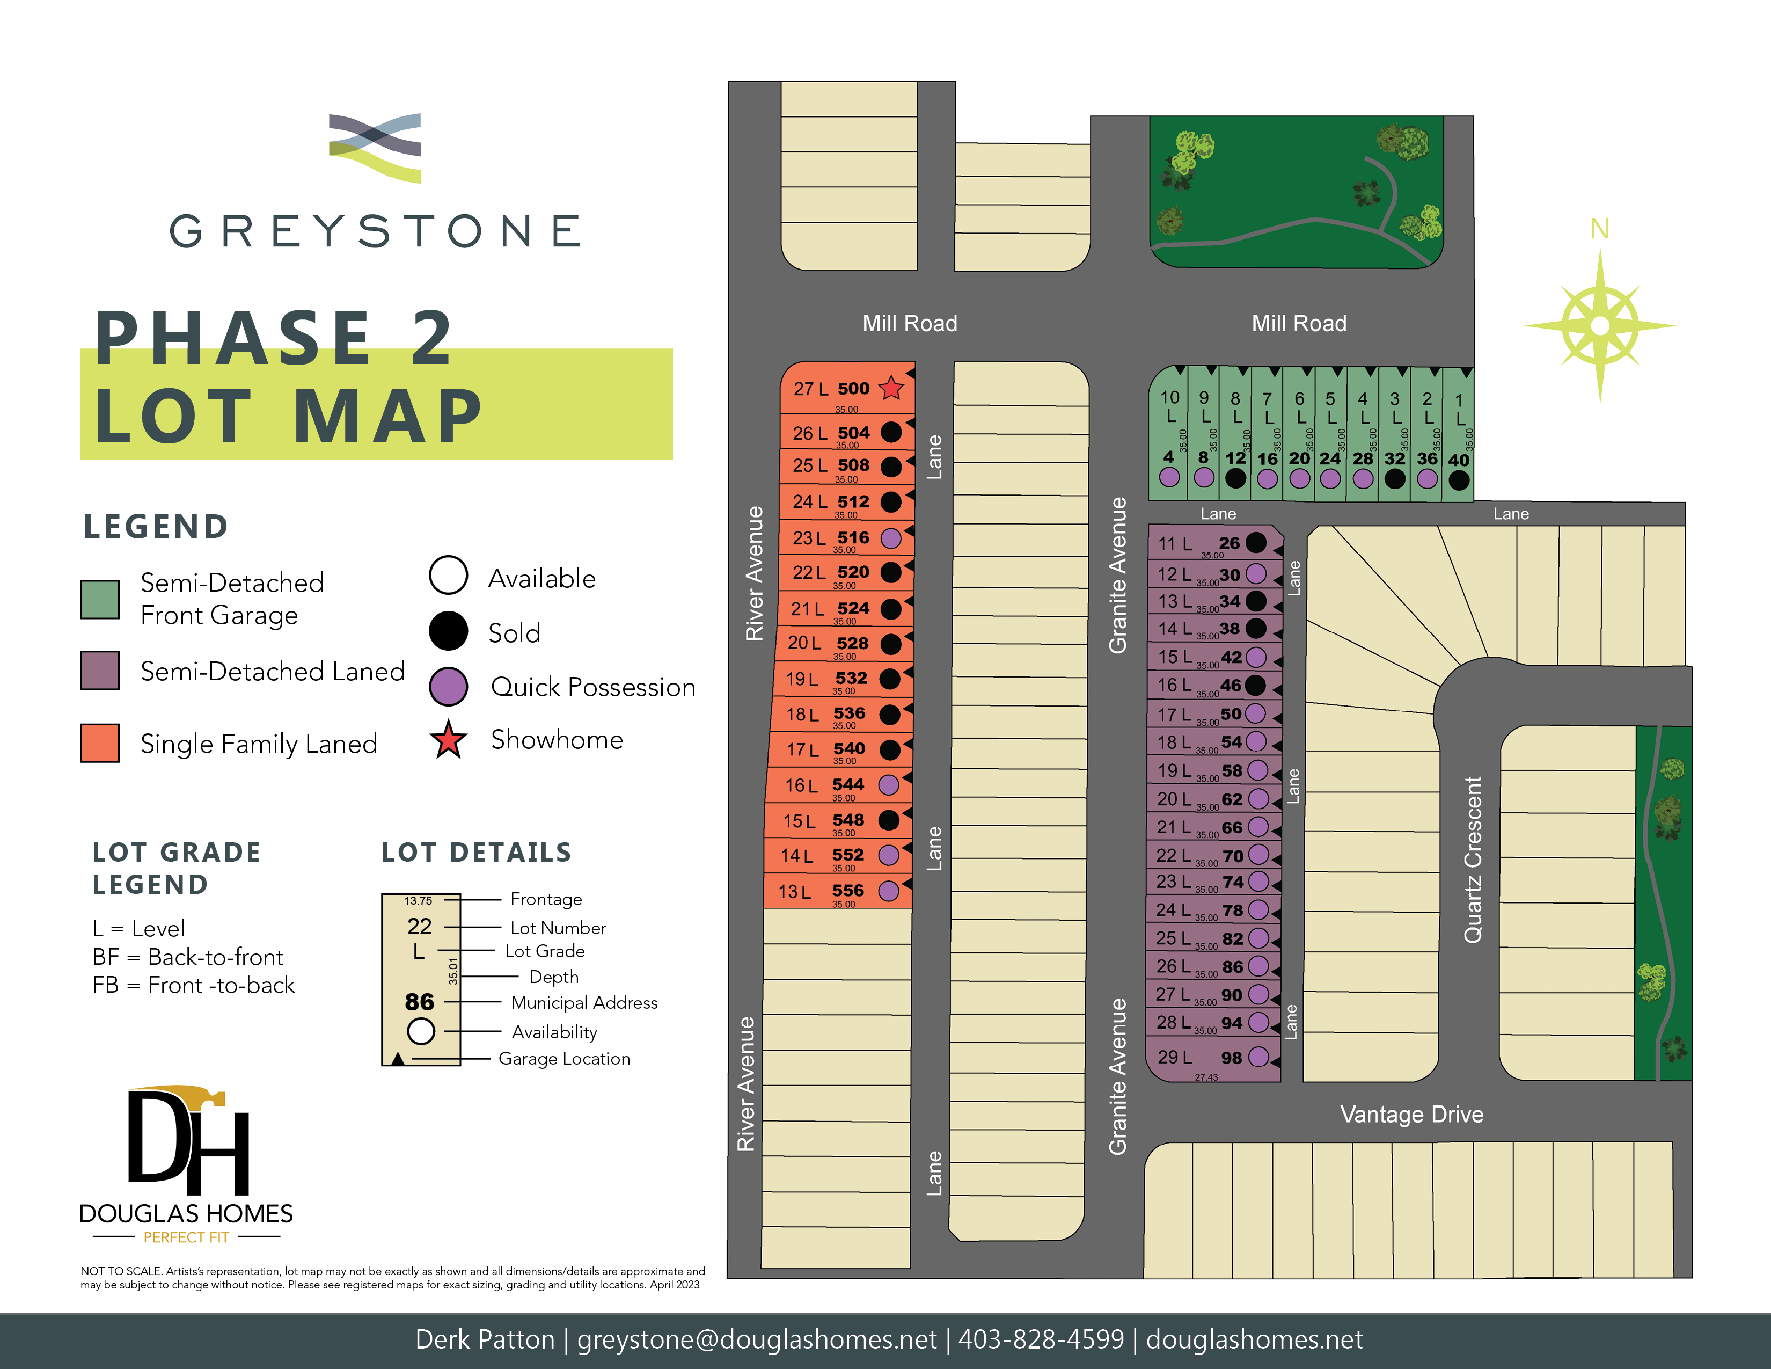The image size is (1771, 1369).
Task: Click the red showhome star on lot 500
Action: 891,389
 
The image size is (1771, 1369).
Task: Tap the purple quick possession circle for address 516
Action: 890,538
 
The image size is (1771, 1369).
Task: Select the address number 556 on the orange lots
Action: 847,891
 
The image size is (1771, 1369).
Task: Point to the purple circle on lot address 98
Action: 1258,1057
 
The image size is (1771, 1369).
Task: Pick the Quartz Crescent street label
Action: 1473,860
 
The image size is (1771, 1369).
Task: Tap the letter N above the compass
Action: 1599,230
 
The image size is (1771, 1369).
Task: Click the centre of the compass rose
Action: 1600,326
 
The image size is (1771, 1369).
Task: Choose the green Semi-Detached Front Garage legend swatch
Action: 100,599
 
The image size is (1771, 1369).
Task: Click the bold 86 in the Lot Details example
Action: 419,1002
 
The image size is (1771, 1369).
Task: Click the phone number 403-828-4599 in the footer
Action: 1041,1339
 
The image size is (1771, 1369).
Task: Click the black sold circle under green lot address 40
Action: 1458,480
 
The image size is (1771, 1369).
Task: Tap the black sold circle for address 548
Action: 889,820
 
